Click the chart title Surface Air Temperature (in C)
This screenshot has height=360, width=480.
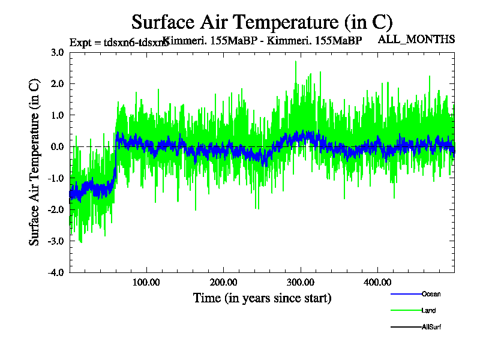coord(262,22)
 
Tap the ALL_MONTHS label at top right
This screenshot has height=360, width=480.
coord(416,40)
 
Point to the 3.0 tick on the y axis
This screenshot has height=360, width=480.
coord(58,52)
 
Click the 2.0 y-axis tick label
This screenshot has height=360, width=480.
coord(58,84)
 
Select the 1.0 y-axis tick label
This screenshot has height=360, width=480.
coord(58,115)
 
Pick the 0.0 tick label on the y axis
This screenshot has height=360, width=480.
coord(58,147)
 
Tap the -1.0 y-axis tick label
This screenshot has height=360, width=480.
coord(56,178)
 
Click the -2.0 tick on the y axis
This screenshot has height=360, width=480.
coord(56,209)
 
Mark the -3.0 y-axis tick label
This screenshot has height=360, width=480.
coord(56,241)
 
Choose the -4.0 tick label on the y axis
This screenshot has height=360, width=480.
coord(56,272)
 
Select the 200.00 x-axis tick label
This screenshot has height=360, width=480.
coord(224,282)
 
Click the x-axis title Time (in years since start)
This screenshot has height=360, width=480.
coord(262,298)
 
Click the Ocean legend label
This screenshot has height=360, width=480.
coord(431,294)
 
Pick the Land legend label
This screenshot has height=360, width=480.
coord(428,311)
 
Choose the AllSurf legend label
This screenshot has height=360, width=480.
coord(431,328)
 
